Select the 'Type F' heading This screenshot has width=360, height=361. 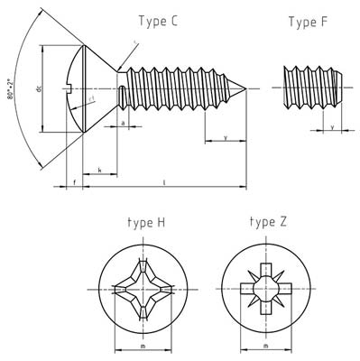tap(308, 23)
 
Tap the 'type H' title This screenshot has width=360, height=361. tap(145, 222)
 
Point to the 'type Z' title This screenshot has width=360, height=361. tap(268, 221)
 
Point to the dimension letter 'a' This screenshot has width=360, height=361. tap(122, 120)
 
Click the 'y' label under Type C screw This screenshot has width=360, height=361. tap(224, 137)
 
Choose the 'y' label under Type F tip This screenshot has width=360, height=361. tap(332, 127)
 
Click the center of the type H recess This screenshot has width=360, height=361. tap(142, 288)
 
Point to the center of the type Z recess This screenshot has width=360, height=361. tap(264, 288)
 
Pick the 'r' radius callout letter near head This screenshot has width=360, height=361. tap(134, 41)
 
